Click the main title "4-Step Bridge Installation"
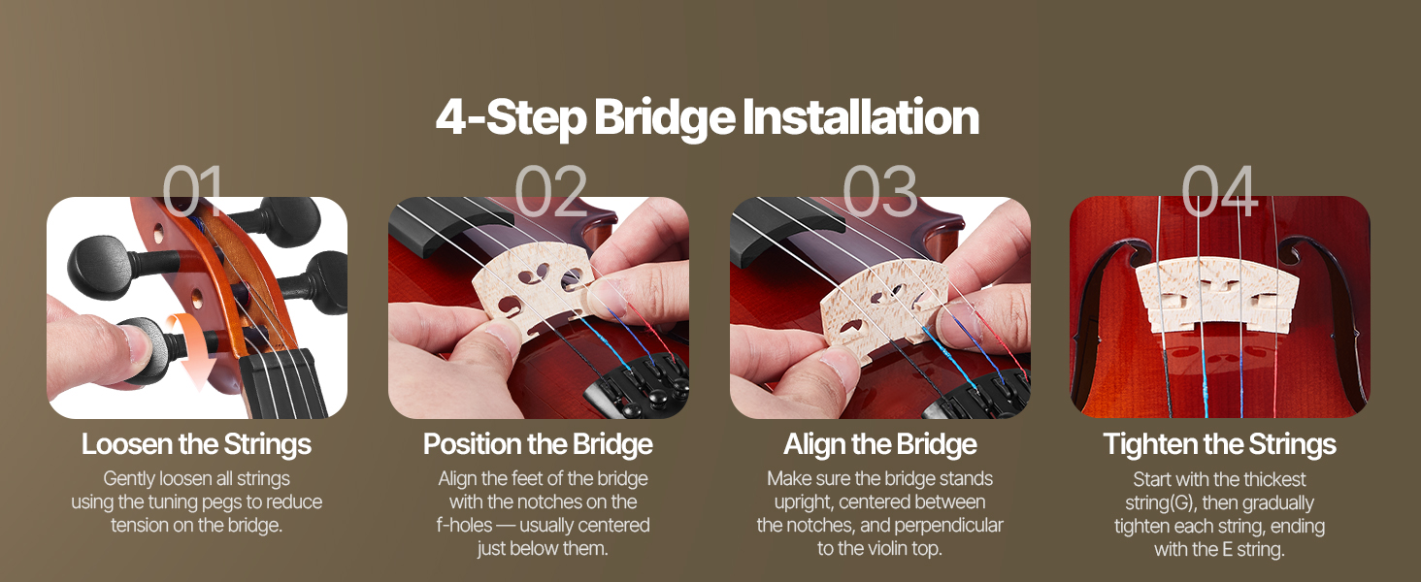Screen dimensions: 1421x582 pyautogui.click(x=708, y=117)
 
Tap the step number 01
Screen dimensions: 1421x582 pyautogui.click(x=193, y=190)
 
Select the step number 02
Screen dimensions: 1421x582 pyautogui.click(x=550, y=190)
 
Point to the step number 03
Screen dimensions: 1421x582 pyautogui.click(x=880, y=190)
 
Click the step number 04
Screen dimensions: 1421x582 pyautogui.click(x=1219, y=190)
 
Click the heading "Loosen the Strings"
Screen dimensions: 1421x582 pyautogui.click(x=197, y=444)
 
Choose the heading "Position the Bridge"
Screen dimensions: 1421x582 pyautogui.click(x=538, y=444)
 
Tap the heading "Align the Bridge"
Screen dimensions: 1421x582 pyautogui.click(x=880, y=444)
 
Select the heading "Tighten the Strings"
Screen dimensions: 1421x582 pyautogui.click(x=1220, y=444)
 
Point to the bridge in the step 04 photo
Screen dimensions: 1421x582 pyautogui.click(x=1218, y=294)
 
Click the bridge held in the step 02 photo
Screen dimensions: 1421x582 pyautogui.click(x=536, y=288)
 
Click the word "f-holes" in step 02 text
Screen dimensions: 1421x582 pyautogui.click(x=464, y=526)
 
